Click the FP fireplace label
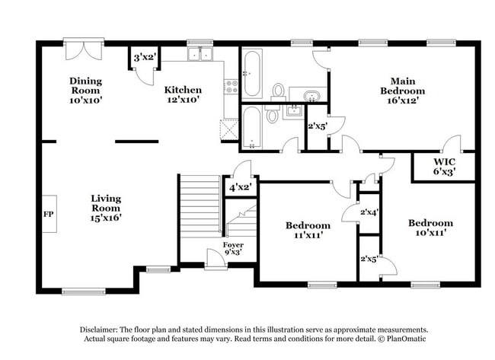point(48,215)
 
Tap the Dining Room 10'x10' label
point(85,90)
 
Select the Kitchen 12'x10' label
point(183,94)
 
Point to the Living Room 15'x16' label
point(106,208)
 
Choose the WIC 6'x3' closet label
point(445,167)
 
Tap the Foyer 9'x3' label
point(233,248)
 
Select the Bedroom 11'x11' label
point(308,230)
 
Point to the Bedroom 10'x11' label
point(430,228)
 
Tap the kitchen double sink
point(201,55)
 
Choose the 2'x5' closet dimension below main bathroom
point(316,127)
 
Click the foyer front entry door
point(215,261)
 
